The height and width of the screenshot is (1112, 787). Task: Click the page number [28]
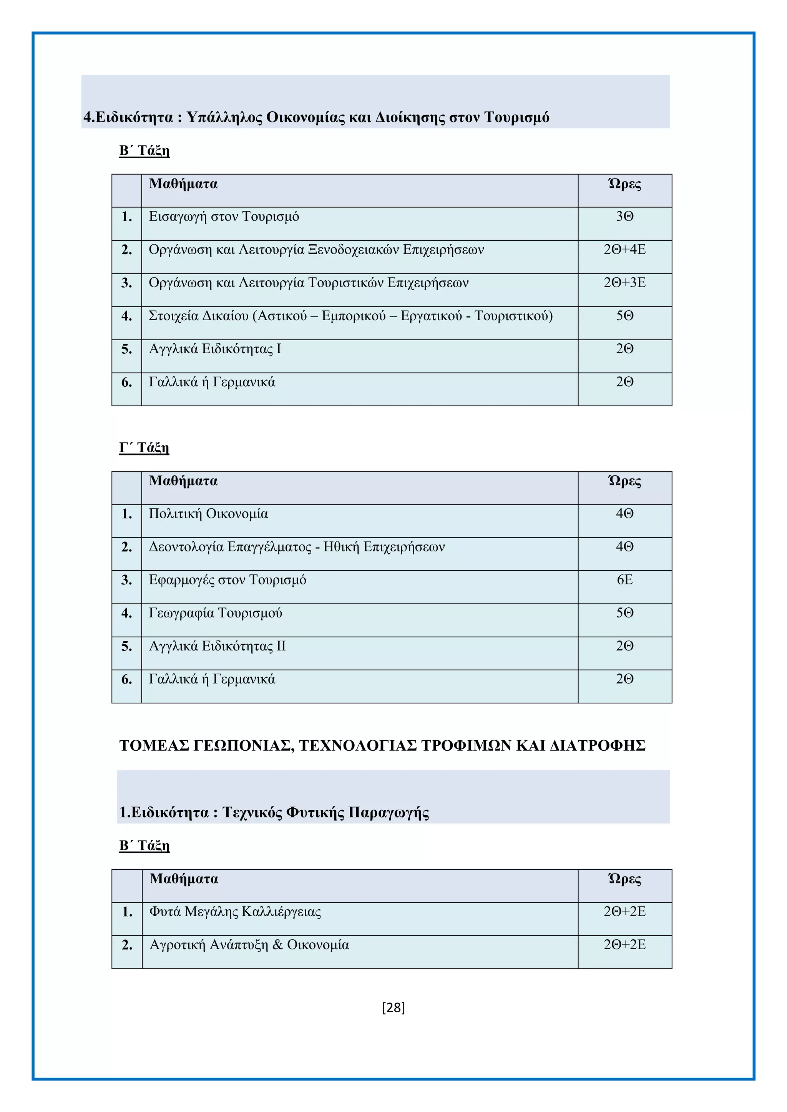click(393, 1008)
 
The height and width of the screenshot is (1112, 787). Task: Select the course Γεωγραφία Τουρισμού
click(215, 613)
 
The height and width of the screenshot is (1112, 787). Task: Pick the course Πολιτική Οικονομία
click(208, 514)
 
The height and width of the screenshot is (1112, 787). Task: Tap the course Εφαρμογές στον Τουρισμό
click(227, 580)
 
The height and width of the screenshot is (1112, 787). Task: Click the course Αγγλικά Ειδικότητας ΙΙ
click(217, 646)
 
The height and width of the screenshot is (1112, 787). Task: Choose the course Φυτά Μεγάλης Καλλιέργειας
click(235, 912)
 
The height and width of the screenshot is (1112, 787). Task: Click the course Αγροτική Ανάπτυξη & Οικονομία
click(249, 945)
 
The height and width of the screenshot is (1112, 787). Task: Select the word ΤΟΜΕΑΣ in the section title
click(154, 745)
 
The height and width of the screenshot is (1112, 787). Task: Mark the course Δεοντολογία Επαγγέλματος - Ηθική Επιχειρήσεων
click(297, 547)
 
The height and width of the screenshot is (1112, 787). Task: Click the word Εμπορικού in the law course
click(354, 316)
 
